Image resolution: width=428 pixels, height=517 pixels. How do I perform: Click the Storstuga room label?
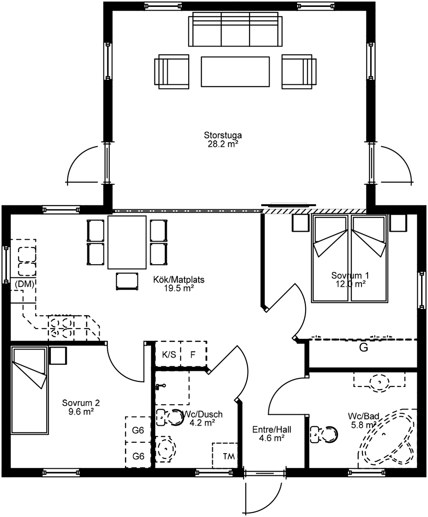(223, 135)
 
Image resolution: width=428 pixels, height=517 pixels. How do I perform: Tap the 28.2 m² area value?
(223, 144)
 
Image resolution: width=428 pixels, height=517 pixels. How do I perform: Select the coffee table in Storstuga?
(235, 72)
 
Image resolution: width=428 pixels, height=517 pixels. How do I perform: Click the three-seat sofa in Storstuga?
(235, 29)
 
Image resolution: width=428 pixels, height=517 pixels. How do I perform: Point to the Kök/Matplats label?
(179, 280)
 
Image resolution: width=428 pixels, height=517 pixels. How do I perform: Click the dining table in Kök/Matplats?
(127, 242)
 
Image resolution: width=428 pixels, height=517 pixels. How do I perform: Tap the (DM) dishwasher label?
(24, 284)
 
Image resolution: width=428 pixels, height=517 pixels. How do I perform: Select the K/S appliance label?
(169, 355)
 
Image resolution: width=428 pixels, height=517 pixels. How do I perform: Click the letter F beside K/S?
(193, 355)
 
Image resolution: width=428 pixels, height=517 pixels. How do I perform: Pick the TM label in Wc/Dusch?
(229, 456)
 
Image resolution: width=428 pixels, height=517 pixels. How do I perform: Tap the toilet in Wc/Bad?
(324, 434)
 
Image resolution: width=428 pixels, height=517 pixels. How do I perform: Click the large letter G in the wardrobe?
(364, 348)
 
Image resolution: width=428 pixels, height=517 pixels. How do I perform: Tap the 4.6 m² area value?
(272, 438)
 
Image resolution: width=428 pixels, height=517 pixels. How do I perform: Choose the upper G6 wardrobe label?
(138, 430)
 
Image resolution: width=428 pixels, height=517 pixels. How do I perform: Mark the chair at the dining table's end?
(127, 281)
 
